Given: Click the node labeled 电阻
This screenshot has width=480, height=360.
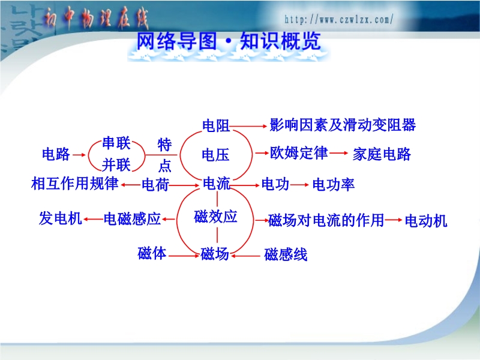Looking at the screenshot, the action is click(x=216, y=126).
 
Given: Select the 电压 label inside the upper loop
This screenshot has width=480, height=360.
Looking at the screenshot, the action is click(x=215, y=155).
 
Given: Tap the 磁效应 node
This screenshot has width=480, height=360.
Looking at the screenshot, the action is click(x=215, y=217).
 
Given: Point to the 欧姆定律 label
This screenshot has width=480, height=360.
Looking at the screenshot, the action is click(x=299, y=153).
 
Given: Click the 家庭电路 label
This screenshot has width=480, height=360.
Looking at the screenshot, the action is click(x=382, y=154).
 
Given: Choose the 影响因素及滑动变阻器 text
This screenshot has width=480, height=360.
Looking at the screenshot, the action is click(x=343, y=125).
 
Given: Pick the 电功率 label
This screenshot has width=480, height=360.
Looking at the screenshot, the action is click(x=334, y=185).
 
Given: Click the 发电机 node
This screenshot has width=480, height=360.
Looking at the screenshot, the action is click(x=61, y=218).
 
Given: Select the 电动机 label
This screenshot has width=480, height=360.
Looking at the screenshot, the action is click(x=426, y=220).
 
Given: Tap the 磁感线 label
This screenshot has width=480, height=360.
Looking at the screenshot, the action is click(x=286, y=254).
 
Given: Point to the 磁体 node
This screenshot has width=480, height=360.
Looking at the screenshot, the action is click(x=152, y=253).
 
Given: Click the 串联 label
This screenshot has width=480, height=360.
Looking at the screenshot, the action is click(x=116, y=143).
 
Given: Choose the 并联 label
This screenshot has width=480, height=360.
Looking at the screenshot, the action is click(x=116, y=165).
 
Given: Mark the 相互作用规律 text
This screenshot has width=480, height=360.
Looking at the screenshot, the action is click(x=74, y=184).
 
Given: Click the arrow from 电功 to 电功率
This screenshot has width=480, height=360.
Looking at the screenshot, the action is click(x=299, y=185).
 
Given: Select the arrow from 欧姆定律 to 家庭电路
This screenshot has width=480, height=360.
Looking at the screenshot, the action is click(x=339, y=153).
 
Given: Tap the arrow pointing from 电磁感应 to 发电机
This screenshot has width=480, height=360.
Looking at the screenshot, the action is click(x=94, y=219).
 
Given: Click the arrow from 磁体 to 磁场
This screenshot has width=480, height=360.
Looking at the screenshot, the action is click(x=184, y=256).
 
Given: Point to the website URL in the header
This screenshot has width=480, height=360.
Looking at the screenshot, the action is click(x=338, y=20).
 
